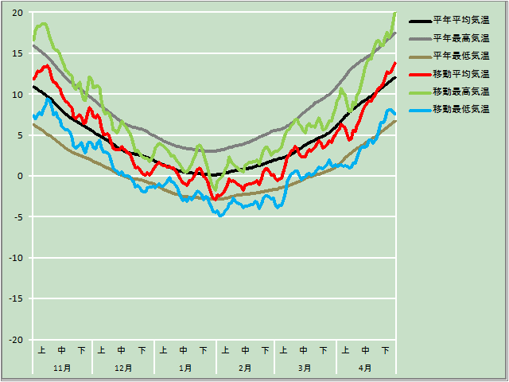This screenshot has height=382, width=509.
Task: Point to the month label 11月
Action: [x=62, y=368]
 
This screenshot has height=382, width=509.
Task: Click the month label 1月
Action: [x=185, y=368]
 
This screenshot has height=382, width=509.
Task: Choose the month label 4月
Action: [x=365, y=368]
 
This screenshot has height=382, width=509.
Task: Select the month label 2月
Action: [x=245, y=368]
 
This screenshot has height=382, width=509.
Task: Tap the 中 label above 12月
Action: [x=122, y=349]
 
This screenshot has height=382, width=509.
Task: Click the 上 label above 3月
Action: [x=284, y=349]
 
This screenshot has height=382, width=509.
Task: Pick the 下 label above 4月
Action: [x=386, y=349]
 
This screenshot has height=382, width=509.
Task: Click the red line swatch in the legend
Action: [x=418, y=73]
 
